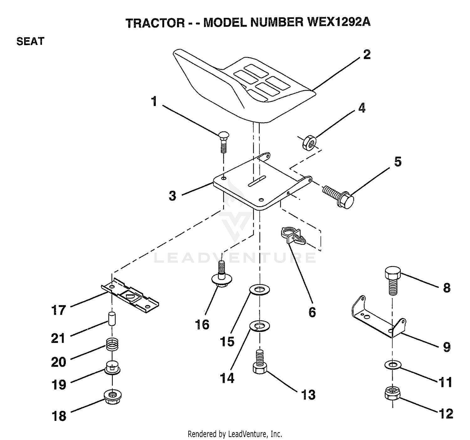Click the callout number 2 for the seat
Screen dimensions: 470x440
tap(367, 55)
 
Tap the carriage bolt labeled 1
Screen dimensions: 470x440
tap(223, 142)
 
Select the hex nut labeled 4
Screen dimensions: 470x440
tap(309, 142)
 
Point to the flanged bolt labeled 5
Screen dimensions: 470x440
tap(338, 196)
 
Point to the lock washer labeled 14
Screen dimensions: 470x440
tap(260, 326)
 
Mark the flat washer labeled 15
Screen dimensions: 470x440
tap(260, 290)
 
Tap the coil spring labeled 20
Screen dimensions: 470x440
tap(112, 344)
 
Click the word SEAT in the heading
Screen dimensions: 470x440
tap(30, 41)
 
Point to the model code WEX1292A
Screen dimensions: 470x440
tap(339, 23)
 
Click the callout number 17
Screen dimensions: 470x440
tap(58, 310)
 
